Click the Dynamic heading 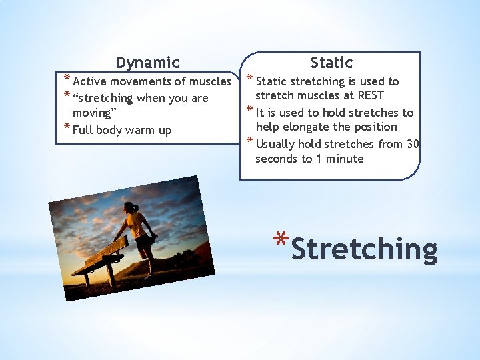point(147,63)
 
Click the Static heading point(331,62)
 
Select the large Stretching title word point(364,249)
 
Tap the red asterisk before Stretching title point(281,239)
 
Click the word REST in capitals point(371,95)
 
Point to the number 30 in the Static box point(413,143)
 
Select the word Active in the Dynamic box point(89,81)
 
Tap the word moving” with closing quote point(95,113)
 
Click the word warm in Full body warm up point(140,131)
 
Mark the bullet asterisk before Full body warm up point(67,126)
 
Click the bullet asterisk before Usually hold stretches point(250,140)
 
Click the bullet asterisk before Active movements point(67,77)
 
